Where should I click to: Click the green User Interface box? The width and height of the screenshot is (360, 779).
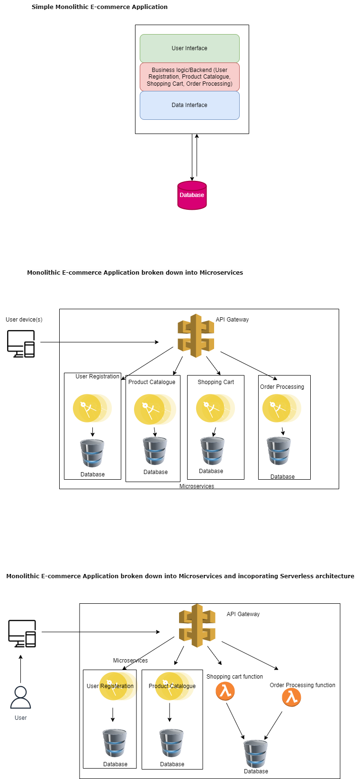coord(189,48)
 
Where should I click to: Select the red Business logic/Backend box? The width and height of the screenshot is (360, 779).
coord(189,77)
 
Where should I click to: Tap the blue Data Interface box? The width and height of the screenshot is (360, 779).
coord(189,105)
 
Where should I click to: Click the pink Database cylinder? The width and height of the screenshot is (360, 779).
coord(192,195)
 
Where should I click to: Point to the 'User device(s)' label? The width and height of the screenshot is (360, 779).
coord(24,320)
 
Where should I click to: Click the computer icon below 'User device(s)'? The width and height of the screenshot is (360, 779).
coord(21,343)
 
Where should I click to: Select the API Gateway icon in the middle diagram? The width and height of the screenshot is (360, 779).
coord(196,336)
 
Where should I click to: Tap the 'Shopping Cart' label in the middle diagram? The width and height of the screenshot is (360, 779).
coord(216,382)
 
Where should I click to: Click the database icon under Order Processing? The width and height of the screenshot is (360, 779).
coord(279,451)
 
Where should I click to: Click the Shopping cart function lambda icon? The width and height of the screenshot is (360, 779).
coord(225,691)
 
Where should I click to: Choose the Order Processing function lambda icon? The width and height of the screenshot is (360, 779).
coord(291,697)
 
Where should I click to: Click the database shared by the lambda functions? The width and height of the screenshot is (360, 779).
coord(256,753)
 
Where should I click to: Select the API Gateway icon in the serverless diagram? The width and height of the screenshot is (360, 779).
coord(197,626)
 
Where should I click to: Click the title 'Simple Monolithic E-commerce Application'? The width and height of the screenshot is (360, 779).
coord(99,7)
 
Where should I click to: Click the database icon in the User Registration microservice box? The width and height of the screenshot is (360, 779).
coord(92,454)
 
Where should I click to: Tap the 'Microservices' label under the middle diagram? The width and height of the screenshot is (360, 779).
coord(197,486)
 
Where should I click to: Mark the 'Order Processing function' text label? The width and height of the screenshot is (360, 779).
coord(302,685)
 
